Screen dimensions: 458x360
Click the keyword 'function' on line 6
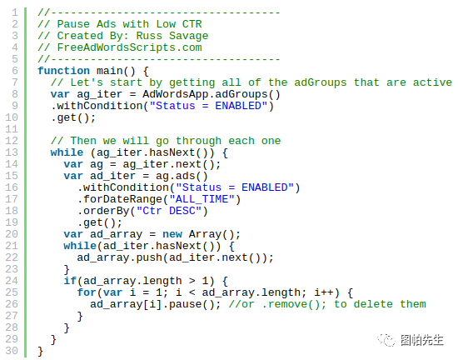point(63,71)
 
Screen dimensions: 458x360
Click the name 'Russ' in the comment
point(149,36)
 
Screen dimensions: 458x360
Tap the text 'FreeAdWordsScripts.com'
point(129,47)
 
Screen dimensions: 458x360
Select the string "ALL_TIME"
point(202,199)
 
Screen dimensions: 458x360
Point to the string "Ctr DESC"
point(169,212)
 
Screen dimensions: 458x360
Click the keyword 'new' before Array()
point(172,234)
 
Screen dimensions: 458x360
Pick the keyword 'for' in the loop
point(87,292)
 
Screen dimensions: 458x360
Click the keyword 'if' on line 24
point(70,281)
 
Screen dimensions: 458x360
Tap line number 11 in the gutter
point(12,129)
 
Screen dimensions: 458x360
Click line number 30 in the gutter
point(12,351)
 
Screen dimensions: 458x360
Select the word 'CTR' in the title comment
point(192,24)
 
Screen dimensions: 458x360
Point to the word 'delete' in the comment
point(373,304)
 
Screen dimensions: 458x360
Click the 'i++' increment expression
point(324,292)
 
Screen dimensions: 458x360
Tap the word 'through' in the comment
point(199,141)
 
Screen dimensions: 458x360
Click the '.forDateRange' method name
point(119,199)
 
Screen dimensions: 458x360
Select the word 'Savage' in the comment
point(189,36)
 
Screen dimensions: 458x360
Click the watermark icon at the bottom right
point(386,340)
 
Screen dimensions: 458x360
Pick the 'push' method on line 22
point(149,258)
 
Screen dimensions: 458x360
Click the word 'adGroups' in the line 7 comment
point(320,82)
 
